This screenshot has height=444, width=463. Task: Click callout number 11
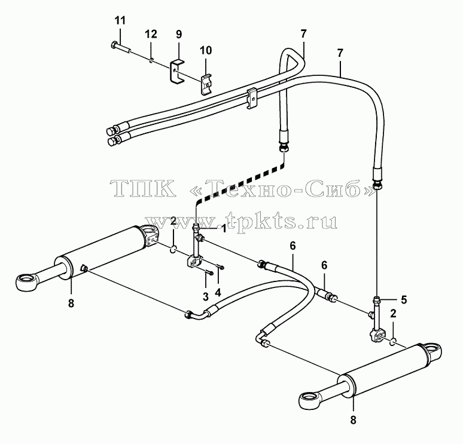point(120,21)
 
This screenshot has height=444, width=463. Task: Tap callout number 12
point(151,34)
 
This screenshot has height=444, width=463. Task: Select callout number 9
point(179,34)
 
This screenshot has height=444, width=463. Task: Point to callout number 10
point(206,50)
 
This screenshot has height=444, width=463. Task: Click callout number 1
point(224,228)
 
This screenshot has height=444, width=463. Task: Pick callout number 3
point(206,296)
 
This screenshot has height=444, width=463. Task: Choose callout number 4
point(218,292)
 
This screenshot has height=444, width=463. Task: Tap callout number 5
point(404,300)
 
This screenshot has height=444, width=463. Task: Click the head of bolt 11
point(114,45)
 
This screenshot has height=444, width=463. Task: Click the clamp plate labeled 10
point(207,85)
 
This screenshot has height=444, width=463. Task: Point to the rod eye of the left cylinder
point(26,281)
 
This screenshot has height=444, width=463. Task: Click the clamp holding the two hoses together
point(252,97)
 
